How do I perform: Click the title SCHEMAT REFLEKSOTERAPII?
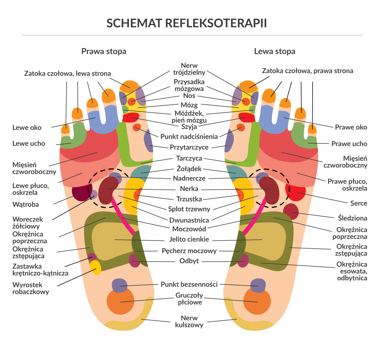coord(186,23)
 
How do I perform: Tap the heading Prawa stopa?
coord(104,51)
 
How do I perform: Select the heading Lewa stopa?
coord(275,51)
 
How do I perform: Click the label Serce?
coord(359,203)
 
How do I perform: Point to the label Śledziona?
coord(352,218)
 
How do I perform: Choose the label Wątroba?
coord(25,205)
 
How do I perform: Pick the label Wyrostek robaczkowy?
coord(31,288)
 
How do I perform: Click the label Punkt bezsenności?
coord(189,284)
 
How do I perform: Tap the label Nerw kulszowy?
coord(189,321)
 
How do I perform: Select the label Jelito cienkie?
coord(189,239)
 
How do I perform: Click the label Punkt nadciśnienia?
coord(189,136)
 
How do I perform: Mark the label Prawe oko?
coord(351,127)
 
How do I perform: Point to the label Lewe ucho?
coord(29,144)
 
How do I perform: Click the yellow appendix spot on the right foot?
coord(96,267)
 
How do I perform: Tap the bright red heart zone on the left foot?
coord(295,192)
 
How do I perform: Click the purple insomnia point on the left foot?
coord(258,285)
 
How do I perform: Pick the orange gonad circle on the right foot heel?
coord(120,301)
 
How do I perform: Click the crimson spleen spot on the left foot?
coord(291,212)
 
